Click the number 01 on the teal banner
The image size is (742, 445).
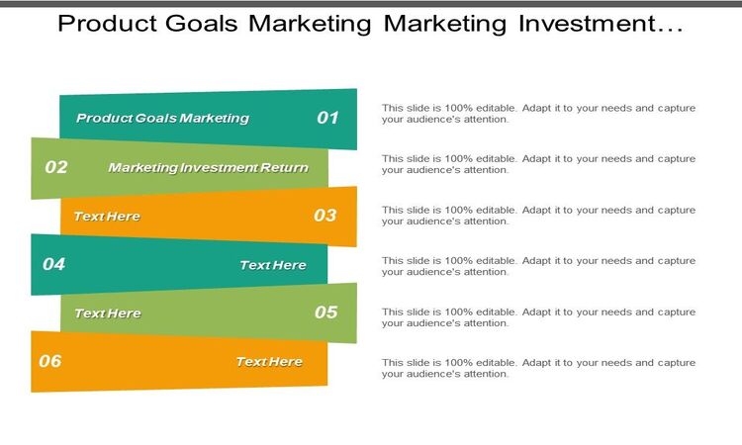(327, 118)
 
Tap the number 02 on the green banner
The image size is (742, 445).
(56, 167)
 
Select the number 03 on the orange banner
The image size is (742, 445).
(325, 216)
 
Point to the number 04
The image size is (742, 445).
(54, 264)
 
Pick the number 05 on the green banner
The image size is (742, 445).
(326, 312)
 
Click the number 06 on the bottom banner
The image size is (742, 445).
(50, 361)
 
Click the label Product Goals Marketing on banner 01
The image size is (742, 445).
(163, 119)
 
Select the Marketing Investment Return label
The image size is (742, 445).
(208, 168)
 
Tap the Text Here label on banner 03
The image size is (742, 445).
(108, 217)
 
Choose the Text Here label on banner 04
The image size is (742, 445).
(273, 265)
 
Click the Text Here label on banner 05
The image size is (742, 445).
(108, 313)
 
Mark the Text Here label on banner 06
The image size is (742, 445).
(269, 362)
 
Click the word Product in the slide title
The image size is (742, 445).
(108, 23)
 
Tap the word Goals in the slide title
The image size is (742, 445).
(202, 23)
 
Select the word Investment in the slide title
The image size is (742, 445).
(588, 23)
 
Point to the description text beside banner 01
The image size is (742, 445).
(538, 114)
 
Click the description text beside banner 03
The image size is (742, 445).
(538, 216)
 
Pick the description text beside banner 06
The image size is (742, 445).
(538, 369)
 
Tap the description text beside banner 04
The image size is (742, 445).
(538, 266)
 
